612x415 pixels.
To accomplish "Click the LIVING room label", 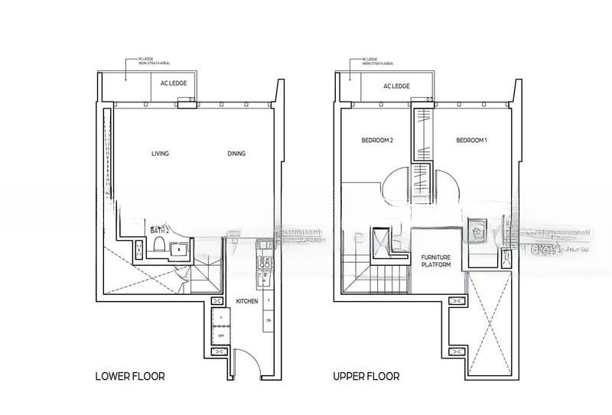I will click(160, 154).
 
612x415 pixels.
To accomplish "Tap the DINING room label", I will click(236, 154).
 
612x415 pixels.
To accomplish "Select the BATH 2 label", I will click(159, 229).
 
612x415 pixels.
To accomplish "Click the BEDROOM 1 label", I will click(471, 141).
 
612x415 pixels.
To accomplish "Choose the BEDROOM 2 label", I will click(377, 141).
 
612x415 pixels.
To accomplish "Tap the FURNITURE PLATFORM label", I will click(435, 261).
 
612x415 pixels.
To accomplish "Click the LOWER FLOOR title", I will click(129, 376).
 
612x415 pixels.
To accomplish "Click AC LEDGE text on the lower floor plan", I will click(173, 86).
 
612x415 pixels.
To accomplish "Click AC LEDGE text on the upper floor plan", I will click(396, 86).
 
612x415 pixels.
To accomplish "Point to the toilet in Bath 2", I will click(159, 245).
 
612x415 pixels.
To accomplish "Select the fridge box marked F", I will click(220, 316).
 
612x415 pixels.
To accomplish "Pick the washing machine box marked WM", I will click(220, 335).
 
